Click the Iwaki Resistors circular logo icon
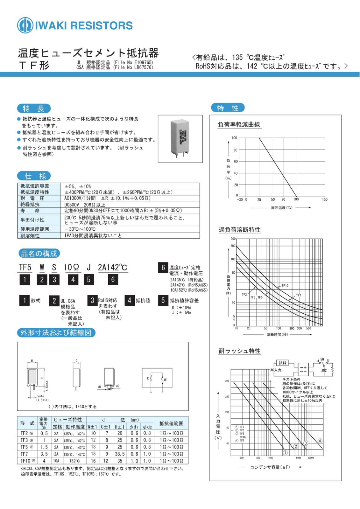[x=25, y=25]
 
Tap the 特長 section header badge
[x=33, y=108]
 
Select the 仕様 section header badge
[x=34, y=176]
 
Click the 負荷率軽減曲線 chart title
[x=239, y=124]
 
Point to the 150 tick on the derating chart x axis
[x=324, y=199]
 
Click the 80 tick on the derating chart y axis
[x=235, y=150]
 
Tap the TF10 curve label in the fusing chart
[x=285, y=286]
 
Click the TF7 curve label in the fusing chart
[x=298, y=296]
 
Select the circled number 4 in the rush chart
[x=320, y=441]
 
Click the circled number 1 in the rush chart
[x=285, y=452]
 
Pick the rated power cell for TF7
[x=44, y=454]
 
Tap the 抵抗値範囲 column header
[x=171, y=423]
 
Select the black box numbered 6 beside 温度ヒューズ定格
[x=163, y=268]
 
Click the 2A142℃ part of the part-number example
[x=112, y=268]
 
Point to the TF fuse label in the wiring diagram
[x=165, y=380]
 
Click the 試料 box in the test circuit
[x=282, y=363]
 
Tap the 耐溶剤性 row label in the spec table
[x=30, y=236]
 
